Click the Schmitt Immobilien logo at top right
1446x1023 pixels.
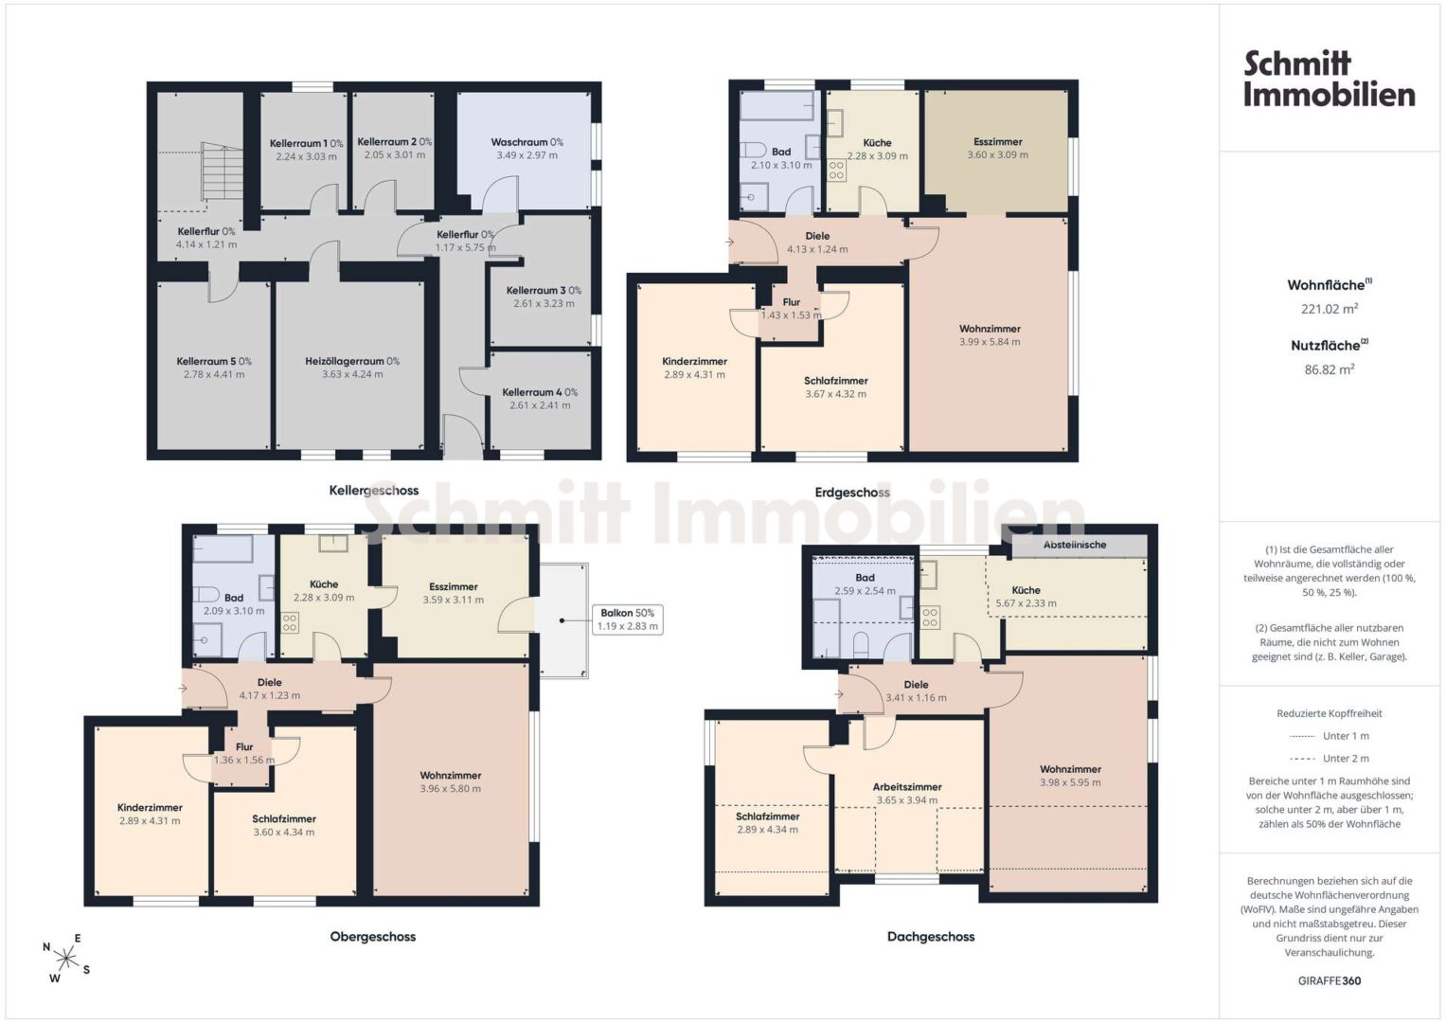[1330, 79]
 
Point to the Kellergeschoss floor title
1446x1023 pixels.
[374, 491]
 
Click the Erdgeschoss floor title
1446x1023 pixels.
[852, 493]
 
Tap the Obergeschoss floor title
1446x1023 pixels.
[372, 937]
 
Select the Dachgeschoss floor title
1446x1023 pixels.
[931, 937]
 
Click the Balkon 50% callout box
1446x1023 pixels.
[628, 619]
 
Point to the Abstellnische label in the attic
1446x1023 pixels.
[1075, 545]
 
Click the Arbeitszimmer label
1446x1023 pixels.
[907, 786]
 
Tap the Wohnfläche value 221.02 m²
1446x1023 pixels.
[1330, 309]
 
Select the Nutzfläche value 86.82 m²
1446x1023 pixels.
[1330, 369]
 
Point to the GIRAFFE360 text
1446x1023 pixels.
[1330, 980]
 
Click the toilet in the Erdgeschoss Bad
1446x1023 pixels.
[751, 150]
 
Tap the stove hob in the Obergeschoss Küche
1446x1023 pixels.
[290, 622]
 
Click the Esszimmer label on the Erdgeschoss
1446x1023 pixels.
[997, 141]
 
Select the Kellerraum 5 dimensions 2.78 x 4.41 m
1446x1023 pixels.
[214, 374]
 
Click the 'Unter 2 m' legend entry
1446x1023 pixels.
[1330, 758]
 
